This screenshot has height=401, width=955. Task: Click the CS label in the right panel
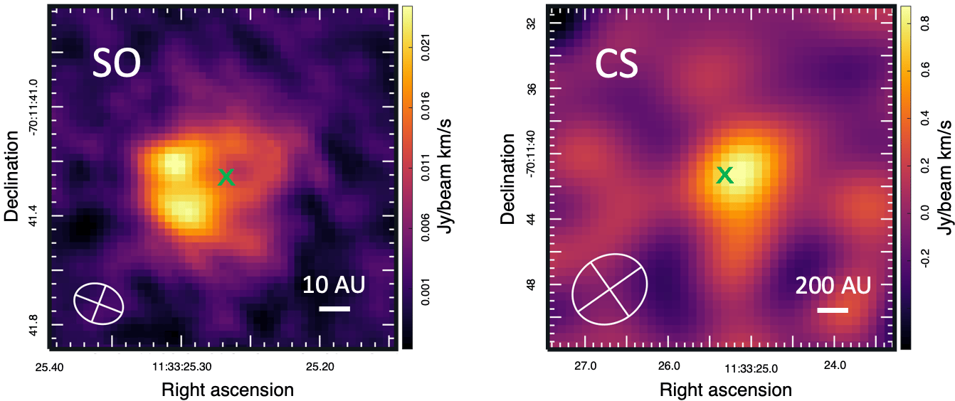(616, 65)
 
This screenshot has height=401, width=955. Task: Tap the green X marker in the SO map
(226, 177)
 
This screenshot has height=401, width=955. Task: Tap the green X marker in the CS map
(724, 174)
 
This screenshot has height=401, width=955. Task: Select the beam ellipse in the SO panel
(99, 303)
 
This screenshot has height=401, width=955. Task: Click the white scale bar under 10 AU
(334, 309)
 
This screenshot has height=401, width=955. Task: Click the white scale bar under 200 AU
(833, 310)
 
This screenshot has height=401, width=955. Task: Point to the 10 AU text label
(334, 285)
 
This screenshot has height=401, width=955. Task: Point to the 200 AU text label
(833, 286)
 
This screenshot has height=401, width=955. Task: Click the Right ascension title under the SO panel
(227, 390)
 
